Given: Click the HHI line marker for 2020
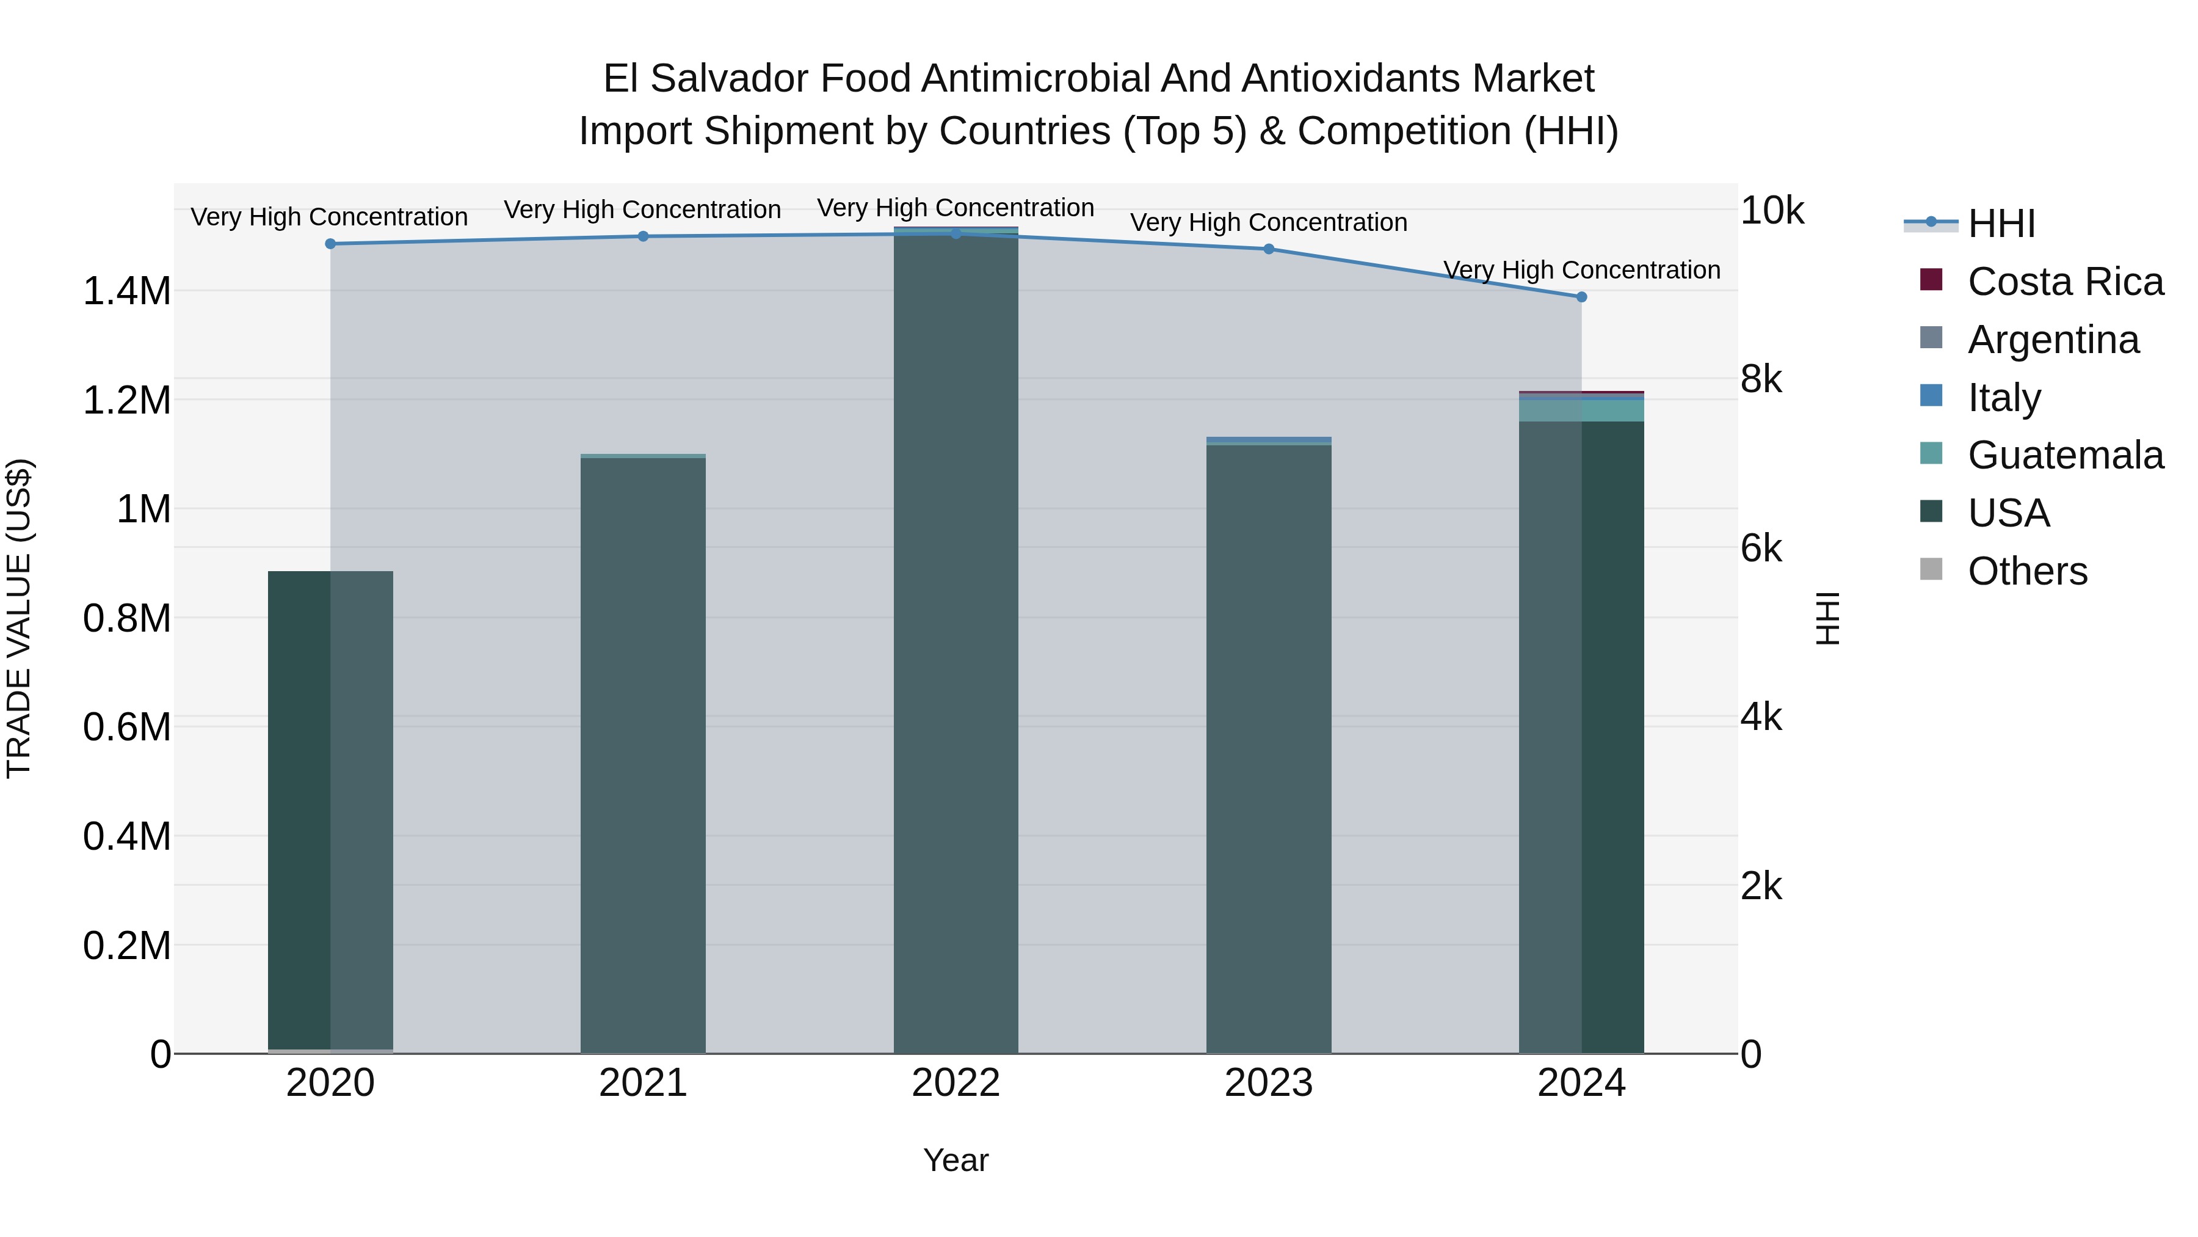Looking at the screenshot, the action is tap(330, 244).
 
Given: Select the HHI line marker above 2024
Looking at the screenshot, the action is tap(1581, 297).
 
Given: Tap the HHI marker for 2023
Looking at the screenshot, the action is tap(1269, 249).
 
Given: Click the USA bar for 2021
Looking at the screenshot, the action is tap(644, 756).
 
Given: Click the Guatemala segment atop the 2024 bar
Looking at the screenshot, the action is tap(1581, 411).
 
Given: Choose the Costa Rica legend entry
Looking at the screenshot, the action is tap(2065, 282).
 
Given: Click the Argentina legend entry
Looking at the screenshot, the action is tap(2053, 340).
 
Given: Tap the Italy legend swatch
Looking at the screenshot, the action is tap(1931, 396).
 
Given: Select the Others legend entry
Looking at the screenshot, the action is tap(2027, 571).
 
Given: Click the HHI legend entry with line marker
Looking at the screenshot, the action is tap(2001, 224).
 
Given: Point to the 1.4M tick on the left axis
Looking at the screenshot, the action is tap(126, 291).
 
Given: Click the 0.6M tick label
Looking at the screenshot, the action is tap(126, 728).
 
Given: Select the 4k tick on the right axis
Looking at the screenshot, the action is tap(1761, 717).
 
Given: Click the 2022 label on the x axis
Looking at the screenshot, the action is tap(956, 1083).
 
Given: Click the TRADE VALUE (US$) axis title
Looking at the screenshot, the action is tap(19, 618).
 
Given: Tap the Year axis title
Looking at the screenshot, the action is tap(956, 1160).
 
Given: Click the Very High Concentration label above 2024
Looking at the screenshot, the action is tap(1581, 270).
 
